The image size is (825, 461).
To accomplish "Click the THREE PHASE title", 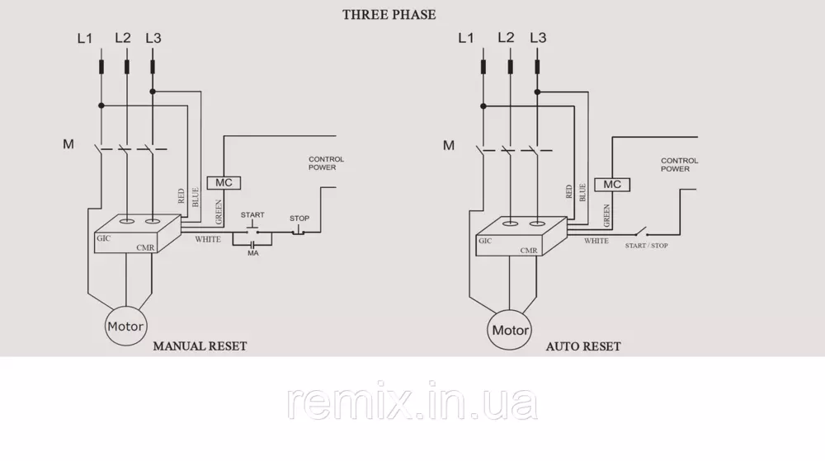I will (x=389, y=14).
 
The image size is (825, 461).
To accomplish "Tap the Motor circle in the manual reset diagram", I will (x=125, y=327).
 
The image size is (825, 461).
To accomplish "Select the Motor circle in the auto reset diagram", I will (x=510, y=330).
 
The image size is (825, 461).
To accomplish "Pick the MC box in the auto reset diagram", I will (x=611, y=185).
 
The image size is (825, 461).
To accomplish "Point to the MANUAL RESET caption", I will (x=200, y=346).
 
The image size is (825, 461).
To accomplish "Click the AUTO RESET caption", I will (x=583, y=346).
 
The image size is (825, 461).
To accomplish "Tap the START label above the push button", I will (x=252, y=215).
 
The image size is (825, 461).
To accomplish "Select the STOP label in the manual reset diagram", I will (x=299, y=219).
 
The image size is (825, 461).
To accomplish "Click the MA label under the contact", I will (x=252, y=253).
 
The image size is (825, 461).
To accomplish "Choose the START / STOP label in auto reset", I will (x=647, y=246).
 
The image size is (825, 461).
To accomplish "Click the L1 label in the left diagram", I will (x=85, y=38).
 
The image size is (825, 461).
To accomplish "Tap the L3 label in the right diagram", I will (x=538, y=38).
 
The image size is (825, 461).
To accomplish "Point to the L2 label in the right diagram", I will (x=506, y=38).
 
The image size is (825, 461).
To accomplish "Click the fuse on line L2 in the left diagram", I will (x=126, y=66).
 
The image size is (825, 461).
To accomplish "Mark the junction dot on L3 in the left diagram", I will (x=153, y=91).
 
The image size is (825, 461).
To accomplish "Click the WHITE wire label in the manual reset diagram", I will (x=208, y=239).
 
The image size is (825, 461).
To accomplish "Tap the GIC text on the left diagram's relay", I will (x=103, y=238).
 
